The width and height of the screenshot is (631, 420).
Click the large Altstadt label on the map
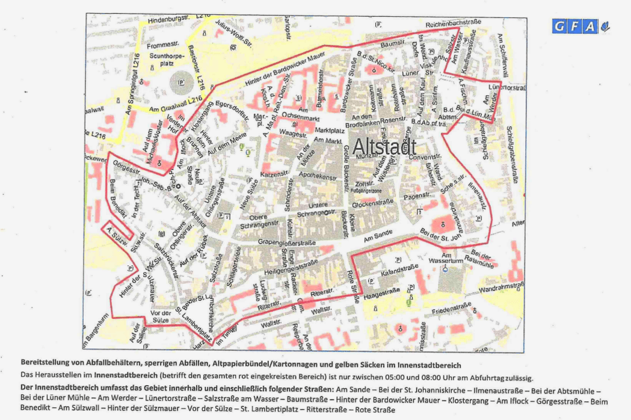click(385, 146)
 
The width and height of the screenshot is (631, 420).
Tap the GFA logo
click(580, 26)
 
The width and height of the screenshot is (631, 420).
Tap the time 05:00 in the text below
click(351, 377)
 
